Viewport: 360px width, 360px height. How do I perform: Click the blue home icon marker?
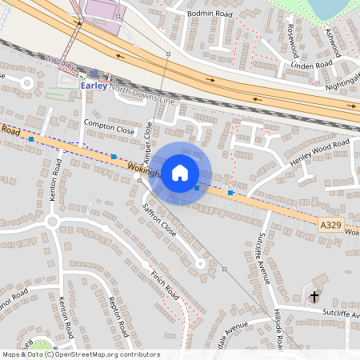pos(180,173)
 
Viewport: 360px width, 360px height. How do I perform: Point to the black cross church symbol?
pos(314,298)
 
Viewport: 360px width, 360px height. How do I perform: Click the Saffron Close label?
pos(159,218)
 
